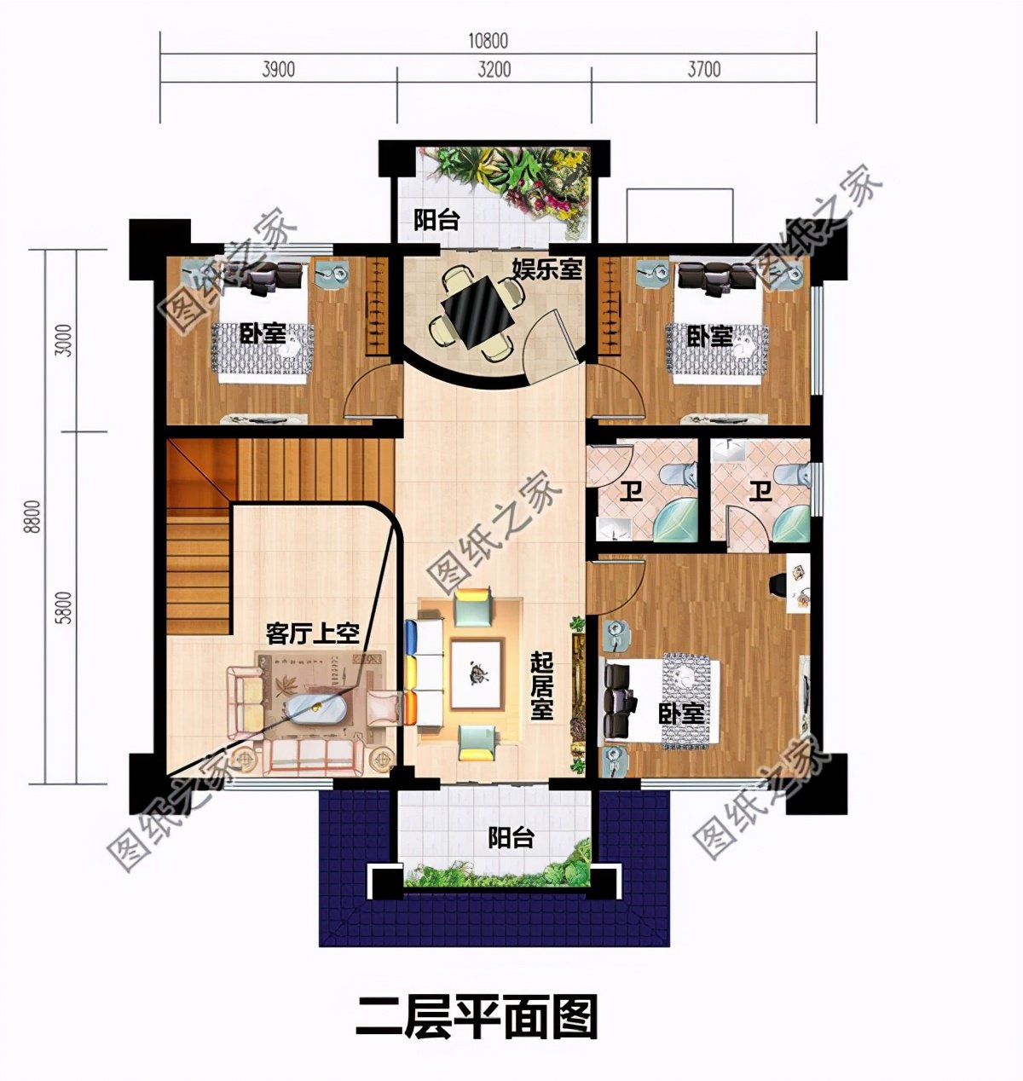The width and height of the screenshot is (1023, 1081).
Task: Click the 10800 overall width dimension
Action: [488, 41]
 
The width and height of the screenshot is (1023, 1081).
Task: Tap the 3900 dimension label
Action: [277, 69]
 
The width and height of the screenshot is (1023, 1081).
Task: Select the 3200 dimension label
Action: [494, 69]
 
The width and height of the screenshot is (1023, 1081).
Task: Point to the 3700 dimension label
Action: [704, 69]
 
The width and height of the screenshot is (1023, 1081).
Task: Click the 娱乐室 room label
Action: [546, 269]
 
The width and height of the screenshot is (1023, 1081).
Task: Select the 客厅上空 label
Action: [312, 633]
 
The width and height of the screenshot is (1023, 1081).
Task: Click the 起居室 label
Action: [541, 685]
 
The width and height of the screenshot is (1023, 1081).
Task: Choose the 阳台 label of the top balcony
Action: [436, 221]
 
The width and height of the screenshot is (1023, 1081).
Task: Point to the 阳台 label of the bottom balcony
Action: [511, 838]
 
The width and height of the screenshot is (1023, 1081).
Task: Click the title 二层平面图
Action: [476, 1016]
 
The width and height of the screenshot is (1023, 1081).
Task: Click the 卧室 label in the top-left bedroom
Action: [262, 333]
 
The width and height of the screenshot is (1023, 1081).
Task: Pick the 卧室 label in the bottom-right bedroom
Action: [681, 714]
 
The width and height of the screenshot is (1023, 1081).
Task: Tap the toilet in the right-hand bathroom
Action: [787, 477]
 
